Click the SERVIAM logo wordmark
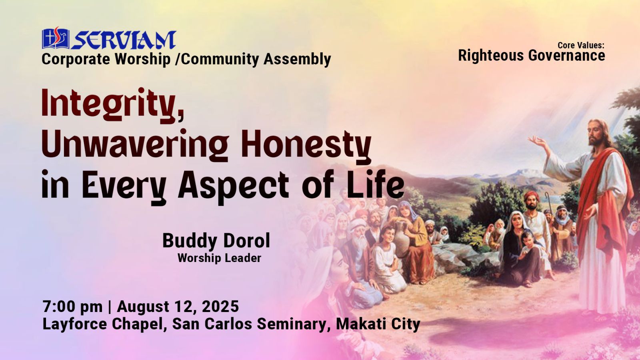pyautogui.click(x=124, y=40)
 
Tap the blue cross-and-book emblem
pyautogui.click(x=56, y=38)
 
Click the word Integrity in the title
pyautogui.click(x=112, y=105)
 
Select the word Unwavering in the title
pyautogui.click(x=135, y=146)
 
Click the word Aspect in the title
pyautogui.click(x=234, y=186)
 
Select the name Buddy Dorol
pyautogui.click(x=216, y=240)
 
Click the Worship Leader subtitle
pyautogui.click(x=219, y=258)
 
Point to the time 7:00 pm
pyautogui.click(x=72, y=306)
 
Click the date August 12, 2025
pyautogui.click(x=178, y=306)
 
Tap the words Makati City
pyautogui.click(x=378, y=324)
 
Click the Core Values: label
pyautogui.click(x=581, y=45)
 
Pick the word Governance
pyautogui.click(x=566, y=56)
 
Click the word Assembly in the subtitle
pyautogui.click(x=297, y=59)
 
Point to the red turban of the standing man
pyautogui.click(x=532, y=195)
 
